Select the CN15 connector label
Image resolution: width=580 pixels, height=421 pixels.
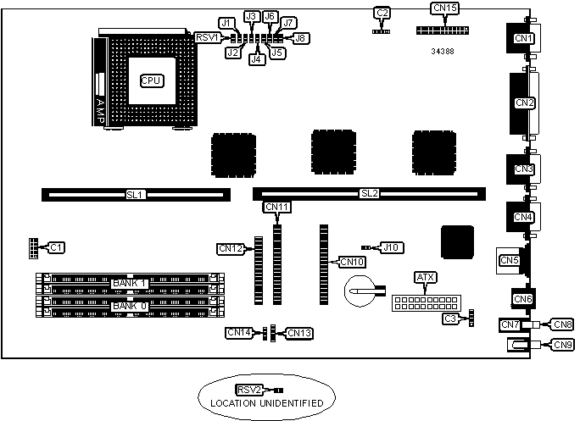445,8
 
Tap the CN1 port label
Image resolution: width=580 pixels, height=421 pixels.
524,38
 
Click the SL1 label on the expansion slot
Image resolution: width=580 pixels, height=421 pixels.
136,194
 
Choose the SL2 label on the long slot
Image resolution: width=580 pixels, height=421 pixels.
370,194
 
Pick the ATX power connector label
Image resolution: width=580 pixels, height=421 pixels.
425,277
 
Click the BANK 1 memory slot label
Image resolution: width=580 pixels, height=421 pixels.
130,282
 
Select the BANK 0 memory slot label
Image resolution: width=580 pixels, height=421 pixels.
130,305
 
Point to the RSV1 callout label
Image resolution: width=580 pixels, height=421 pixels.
208,37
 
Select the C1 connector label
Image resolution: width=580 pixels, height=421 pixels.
56,247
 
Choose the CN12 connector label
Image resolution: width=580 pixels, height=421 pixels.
231,248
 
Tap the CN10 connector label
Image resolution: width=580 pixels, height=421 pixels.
352,261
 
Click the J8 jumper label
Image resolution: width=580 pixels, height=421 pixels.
301,37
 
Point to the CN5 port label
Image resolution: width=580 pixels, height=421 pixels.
509,260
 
